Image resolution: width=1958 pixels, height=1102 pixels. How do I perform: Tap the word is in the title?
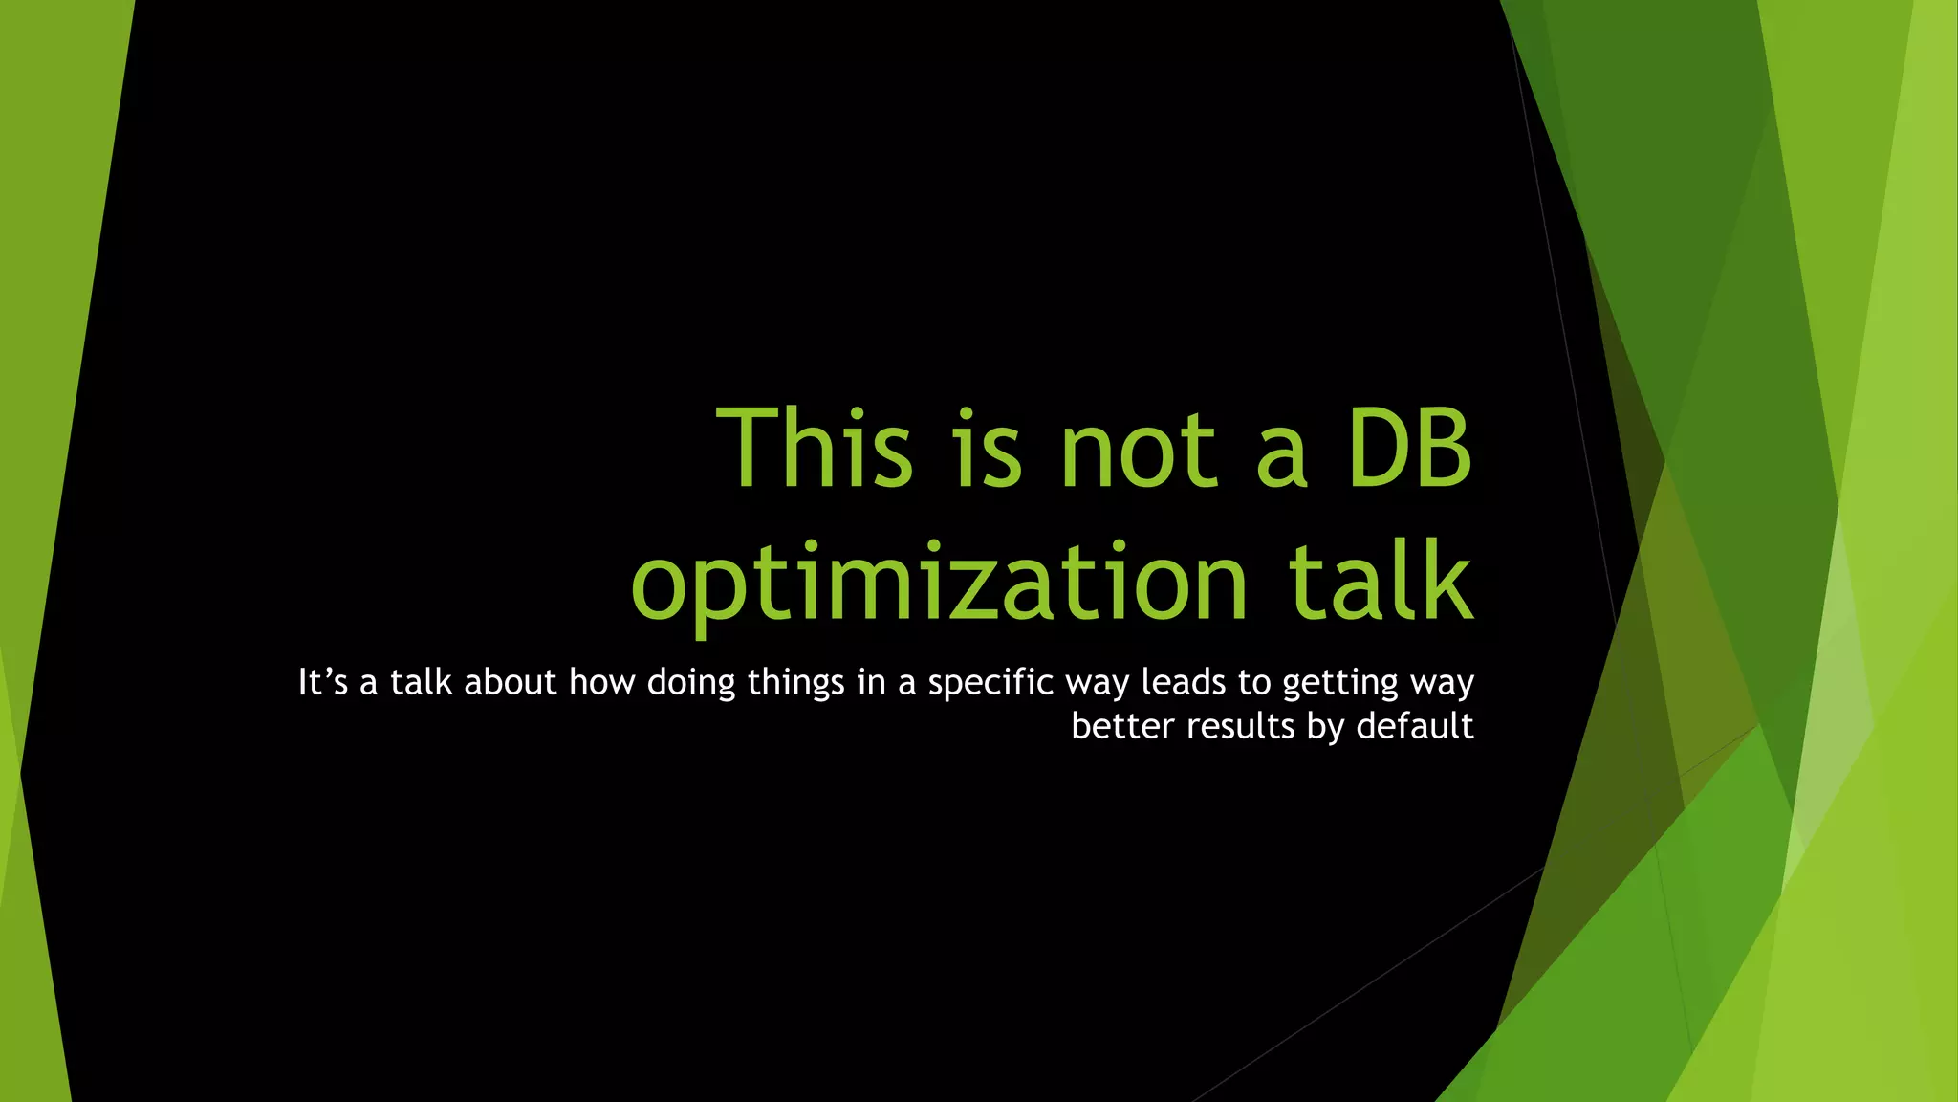point(989,448)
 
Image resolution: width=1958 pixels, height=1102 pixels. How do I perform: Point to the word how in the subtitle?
point(602,683)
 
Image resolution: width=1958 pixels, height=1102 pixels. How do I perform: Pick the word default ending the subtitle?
point(1415,727)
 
